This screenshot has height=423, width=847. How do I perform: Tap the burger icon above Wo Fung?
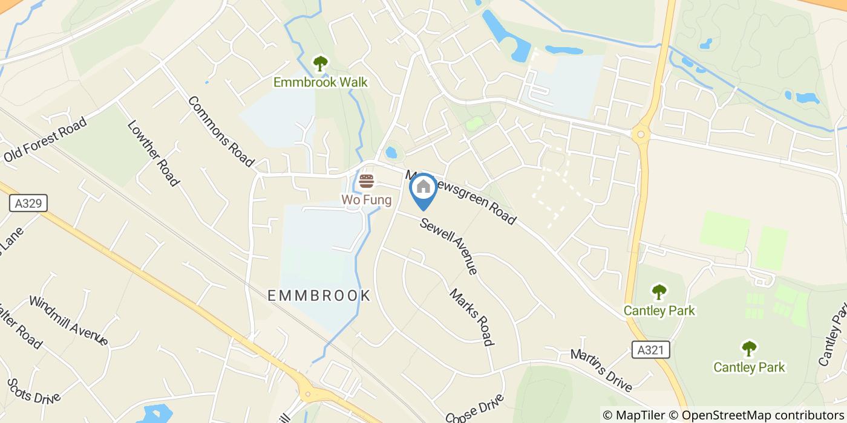coord(366,181)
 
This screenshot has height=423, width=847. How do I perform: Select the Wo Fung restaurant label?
coord(366,199)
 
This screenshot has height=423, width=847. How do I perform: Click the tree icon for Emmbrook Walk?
coord(320,63)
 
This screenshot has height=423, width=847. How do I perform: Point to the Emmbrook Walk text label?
coord(320,82)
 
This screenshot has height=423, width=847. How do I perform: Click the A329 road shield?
coord(28,203)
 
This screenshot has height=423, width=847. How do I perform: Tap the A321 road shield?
coord(650,350)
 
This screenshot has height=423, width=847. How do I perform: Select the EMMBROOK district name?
coord(319,295)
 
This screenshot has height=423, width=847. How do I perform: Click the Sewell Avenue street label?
coord(449,246)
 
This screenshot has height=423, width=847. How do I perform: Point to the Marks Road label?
coord(471,317)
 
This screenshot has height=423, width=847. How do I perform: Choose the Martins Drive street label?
coord(601,369)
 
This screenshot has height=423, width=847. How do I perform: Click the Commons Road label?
coord(220,131)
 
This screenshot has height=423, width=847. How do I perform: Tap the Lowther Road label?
coord(153,153)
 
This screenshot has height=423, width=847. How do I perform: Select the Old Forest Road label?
coord(45,140)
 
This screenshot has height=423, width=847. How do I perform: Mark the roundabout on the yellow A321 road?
coord(641,134)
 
